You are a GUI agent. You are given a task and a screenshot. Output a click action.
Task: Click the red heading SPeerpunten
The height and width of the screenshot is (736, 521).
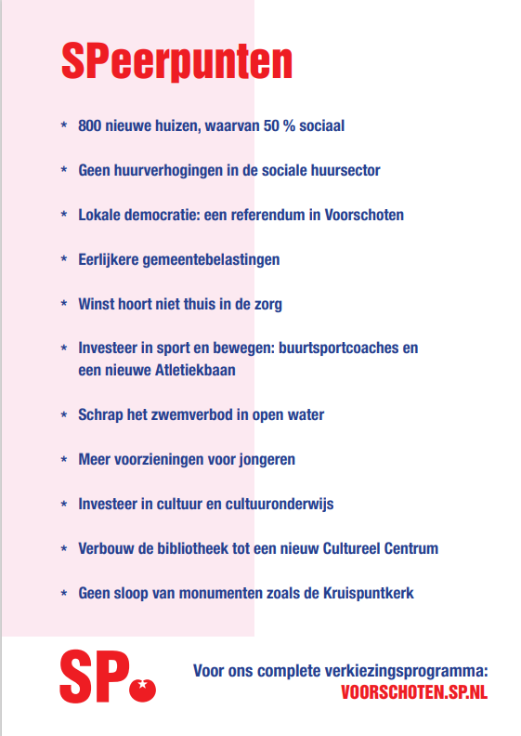tap(176, 61)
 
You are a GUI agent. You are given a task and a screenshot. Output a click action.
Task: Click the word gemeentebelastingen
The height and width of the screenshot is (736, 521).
tap(210, 259)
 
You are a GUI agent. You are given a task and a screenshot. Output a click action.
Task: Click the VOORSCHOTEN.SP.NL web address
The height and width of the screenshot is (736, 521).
tap(414, 692)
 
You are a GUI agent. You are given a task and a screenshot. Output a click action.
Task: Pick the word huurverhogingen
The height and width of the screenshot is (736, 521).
tap(166, 170)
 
